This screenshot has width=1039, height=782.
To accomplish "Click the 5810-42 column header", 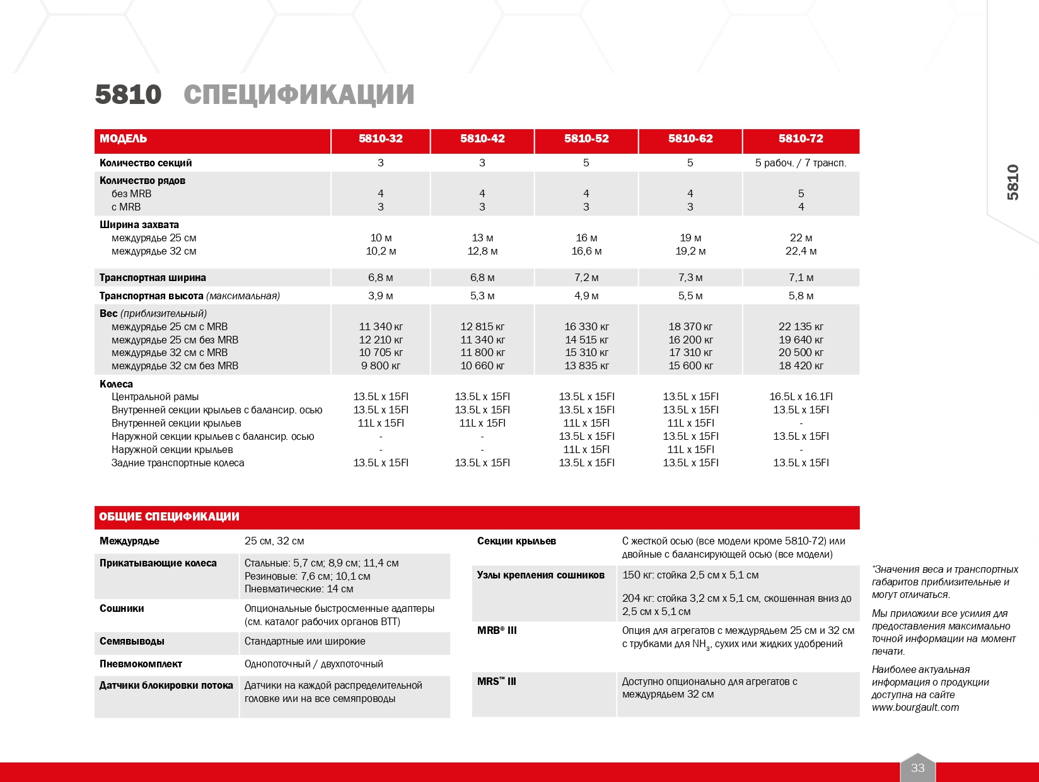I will (x=482, y=139).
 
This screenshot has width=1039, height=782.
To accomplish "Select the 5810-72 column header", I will (x=801, y=139).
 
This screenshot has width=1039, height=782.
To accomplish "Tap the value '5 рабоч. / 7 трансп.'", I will (x=801, y=163).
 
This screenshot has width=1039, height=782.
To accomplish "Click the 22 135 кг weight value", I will (x=801, y=326).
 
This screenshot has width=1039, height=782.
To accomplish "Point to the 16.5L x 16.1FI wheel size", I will (x=801, y=396).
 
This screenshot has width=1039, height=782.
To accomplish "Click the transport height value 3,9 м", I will (x=380, y=296).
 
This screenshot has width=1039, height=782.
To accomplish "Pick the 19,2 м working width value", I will (x=690, y=251).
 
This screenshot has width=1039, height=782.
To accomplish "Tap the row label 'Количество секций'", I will (x=146, y=163).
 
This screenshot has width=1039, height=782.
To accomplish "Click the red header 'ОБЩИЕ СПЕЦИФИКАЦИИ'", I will (x=169, y=517).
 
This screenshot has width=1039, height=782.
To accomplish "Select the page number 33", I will (x=917, y=768).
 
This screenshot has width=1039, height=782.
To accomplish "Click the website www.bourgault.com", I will (x=915, y=707).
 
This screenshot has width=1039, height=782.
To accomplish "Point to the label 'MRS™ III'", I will (x=497, y=681).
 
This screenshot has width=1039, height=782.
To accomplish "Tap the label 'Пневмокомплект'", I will (x=141, y=664).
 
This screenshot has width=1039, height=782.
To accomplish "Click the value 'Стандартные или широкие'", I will (x=305, y=641).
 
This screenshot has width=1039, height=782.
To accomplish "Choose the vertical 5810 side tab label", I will (x=1013, y=182).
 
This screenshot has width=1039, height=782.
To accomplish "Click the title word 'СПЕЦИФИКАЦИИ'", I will (x=299, y=95).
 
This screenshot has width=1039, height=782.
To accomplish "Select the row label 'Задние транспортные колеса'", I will (x=178, y=463).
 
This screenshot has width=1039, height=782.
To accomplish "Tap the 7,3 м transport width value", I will (x=690, y=277).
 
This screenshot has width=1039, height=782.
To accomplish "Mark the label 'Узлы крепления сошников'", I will (x=540, y=575).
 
